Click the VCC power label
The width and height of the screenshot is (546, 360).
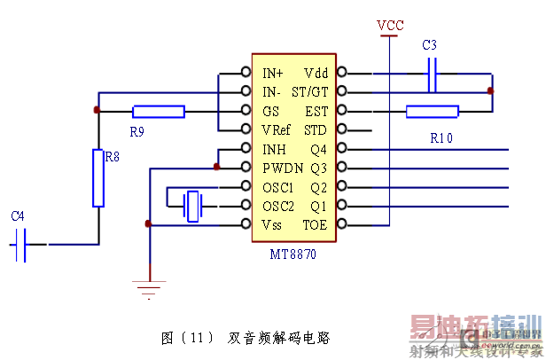[390, 25]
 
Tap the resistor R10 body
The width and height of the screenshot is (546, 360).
[433, 111]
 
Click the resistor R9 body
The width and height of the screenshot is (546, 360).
[159, 111]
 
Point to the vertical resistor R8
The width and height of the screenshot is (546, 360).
[98, 177]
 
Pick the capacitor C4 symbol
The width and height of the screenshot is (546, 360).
[23, 243]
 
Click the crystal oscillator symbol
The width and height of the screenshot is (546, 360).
[193, 206]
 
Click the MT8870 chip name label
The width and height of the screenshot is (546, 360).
[293, 254]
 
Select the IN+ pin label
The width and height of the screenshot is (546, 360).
[273, 73]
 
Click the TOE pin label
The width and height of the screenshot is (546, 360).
[315, 225]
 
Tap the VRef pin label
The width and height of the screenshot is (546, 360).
[277, 129]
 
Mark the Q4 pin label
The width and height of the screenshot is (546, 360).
[318, 149]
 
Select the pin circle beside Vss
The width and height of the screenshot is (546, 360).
[246, 225]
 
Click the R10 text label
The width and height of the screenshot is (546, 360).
[441, 139]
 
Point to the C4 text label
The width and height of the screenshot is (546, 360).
[18, 215]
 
